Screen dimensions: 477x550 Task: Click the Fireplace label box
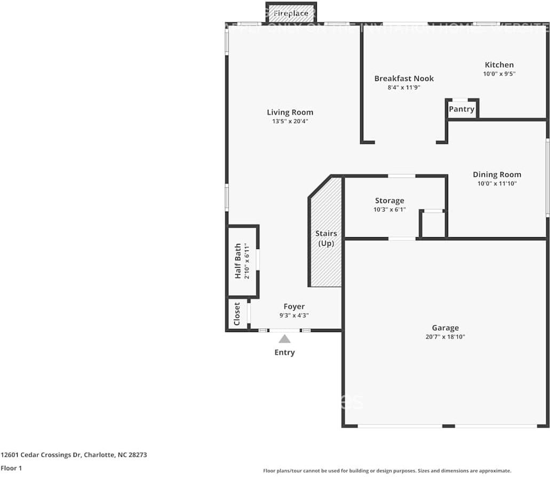[291, 13]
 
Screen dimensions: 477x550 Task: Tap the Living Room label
[290, 112]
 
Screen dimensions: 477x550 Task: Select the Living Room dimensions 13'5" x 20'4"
[290, 122]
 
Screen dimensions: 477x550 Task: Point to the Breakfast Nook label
[404, 78]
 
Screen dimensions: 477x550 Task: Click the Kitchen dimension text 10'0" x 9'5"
[499, 74]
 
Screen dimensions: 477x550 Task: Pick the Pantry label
[461, 109]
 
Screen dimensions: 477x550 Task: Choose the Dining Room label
[497, 175]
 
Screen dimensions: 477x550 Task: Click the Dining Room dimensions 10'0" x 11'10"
[497, 183]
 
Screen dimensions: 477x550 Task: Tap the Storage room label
[389, 201]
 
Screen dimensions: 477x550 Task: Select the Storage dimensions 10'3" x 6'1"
[389, 209]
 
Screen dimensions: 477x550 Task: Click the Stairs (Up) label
[326, 238]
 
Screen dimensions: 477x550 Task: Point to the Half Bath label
[238, 261]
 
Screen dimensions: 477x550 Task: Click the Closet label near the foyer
[237, 315]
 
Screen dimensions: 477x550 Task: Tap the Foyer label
[294, 306]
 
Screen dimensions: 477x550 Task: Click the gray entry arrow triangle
[285, 339]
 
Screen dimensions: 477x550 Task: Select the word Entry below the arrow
[284, 352]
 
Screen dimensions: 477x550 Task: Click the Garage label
[445, 328]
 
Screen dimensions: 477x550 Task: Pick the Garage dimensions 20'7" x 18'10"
[445, 337]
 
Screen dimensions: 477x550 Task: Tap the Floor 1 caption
[11, 468]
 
